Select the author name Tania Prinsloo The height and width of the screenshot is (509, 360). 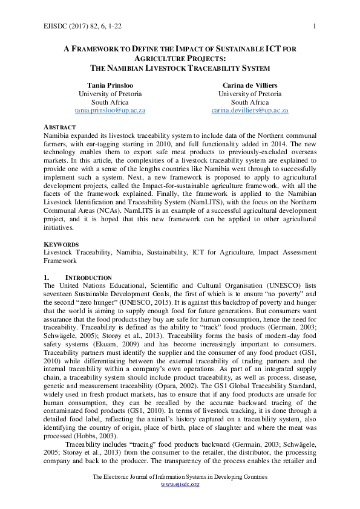[110, 85]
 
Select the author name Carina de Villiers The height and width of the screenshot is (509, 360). [249, 85]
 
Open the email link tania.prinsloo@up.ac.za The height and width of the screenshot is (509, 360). [110, 111]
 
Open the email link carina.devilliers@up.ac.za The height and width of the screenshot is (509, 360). [249, 111]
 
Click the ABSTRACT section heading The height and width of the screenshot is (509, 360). [60, 127]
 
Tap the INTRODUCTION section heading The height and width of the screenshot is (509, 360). [88, 277]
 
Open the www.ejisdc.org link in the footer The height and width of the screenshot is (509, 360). [180, 485]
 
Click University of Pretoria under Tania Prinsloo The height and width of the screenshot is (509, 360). [110, 94]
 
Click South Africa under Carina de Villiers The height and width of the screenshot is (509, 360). [249, 103]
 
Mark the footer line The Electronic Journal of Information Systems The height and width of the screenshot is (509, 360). [180, 477]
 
